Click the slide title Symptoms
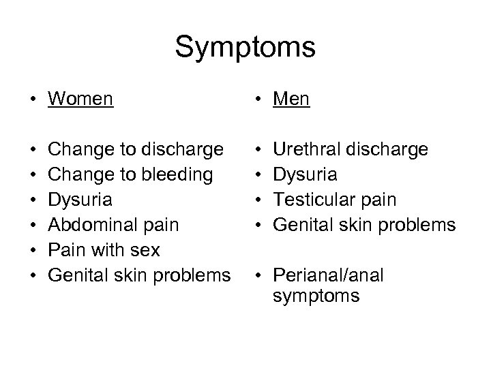pyautogui.click(x=245, y=48)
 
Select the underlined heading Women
pyautogui.click(x=80, y=99)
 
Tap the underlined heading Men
pyautogui.click(x=291, y=99)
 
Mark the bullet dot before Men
pyautogui.click(x=257, y=100)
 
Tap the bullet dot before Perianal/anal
pyautogui.click(x=257, y=276)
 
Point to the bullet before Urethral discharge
pyautogui.click(x=257, y=149)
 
